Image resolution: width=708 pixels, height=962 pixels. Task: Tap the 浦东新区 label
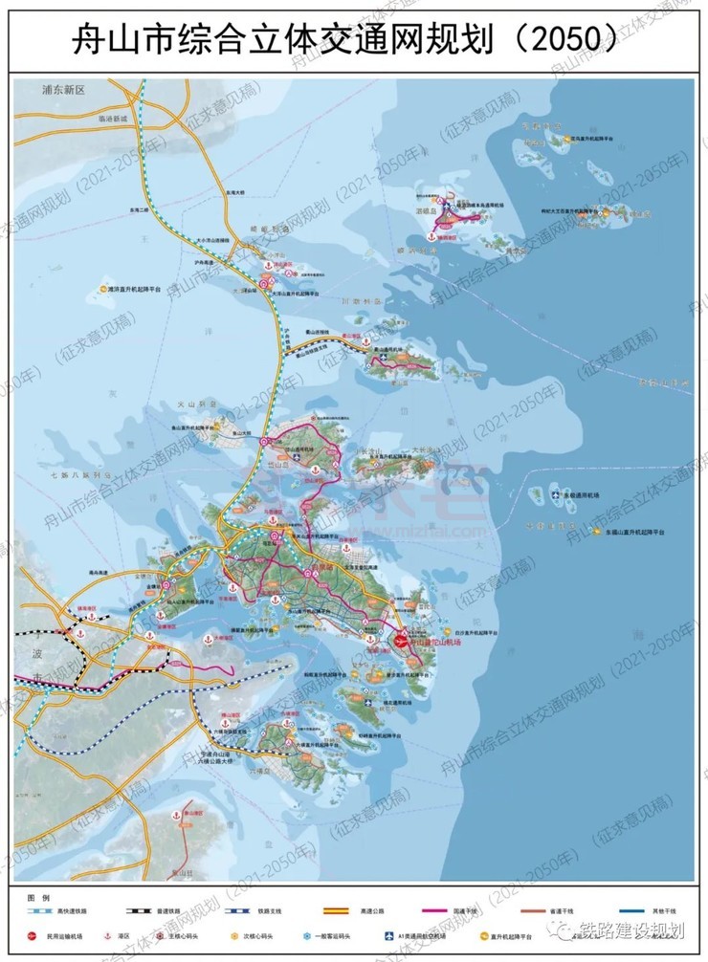(x=64, y=90)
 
